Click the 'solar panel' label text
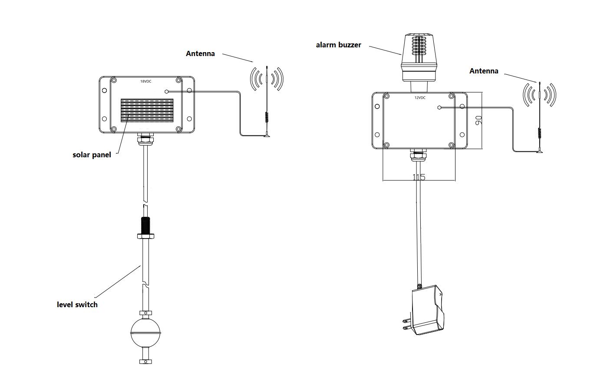(92, 155)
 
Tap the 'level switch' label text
(77, 305)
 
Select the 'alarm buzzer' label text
(338, 45)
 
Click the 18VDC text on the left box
(145, 81)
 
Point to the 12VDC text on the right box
(420, 98)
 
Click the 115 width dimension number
(419, 177)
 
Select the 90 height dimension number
(479, 120)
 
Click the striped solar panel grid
(147, 110)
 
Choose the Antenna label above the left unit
(200, 53)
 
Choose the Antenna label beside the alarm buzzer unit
(484, 71)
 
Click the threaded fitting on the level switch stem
(145, 225)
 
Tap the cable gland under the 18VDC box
(145, 140)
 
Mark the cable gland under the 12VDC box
(419, 155)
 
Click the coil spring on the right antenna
(539, 133)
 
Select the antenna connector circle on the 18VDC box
(166, 92)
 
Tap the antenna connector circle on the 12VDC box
(439, 107)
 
